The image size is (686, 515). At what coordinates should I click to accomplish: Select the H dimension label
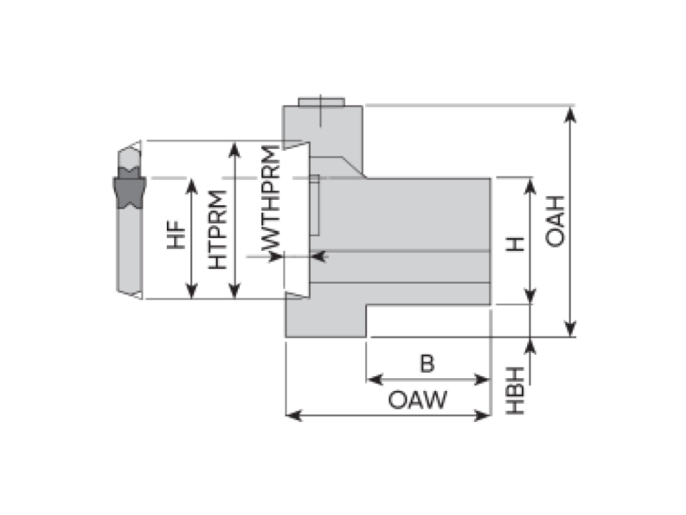[x=514, y=243]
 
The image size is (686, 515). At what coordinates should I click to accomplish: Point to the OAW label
[x=417, y=401]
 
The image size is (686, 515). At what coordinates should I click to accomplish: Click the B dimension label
[x=427, y=363]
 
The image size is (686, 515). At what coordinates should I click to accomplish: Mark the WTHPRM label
[x=271, y=202]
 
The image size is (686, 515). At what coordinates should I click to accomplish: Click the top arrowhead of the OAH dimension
[x=570, y=114]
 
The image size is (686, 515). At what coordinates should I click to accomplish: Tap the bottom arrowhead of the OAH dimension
[x=570, y=329]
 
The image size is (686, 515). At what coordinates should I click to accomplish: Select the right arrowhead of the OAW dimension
[x=484, y=416]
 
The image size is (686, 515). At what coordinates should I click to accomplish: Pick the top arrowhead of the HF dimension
[x=192, y=186]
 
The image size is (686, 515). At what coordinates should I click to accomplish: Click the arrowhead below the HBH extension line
[x=531, y=345]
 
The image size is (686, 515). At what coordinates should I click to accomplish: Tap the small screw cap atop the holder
[x=321, y=102]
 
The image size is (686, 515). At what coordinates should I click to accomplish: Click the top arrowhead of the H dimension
[x=531, y=186]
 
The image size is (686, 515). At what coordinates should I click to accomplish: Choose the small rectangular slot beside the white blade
[x=314, y=209]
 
